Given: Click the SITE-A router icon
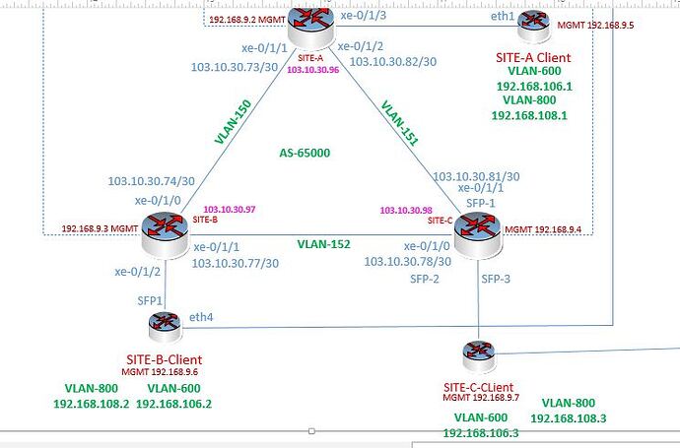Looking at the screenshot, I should (306, 24).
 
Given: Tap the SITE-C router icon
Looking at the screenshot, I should (478, 227).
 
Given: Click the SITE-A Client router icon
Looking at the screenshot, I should (534, 23).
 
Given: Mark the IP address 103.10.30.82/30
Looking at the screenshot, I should (393, 61).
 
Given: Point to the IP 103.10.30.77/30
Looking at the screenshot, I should (236, 263).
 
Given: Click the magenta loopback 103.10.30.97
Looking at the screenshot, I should (229, 210).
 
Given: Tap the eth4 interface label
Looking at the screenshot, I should (201, 316).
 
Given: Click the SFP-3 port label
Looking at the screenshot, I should (496, 280).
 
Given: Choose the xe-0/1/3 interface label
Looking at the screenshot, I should (362, 17).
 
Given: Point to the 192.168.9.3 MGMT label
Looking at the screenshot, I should (98, 228).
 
